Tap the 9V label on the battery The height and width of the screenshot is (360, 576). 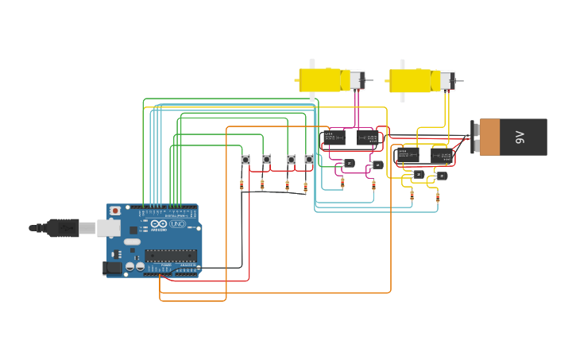[520, 137]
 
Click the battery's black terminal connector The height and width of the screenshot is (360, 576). [474, 137]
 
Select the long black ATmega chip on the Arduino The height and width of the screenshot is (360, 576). [170, 255]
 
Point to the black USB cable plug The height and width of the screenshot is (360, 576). [62, 228]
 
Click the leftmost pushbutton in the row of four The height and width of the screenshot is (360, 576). [245, 160]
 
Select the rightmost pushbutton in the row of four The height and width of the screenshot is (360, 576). [309, 160]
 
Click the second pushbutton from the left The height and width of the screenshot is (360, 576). [266, 160]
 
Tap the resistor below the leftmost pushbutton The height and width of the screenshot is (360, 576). [242, 186]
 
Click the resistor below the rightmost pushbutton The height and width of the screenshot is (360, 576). [305, 188]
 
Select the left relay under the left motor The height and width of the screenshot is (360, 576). [334, 138]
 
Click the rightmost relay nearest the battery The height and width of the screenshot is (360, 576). [442, 156]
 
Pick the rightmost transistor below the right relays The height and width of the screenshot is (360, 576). [442, 176]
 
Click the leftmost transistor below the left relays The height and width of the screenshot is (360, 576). [348, 164]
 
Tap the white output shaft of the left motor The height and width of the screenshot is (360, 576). [311, 64]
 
